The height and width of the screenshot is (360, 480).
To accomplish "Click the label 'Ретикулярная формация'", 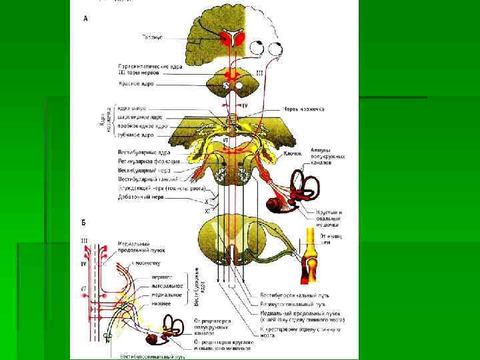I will (x=148, y=161).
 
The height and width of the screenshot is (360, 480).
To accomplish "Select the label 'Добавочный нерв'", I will (x=140, y=197).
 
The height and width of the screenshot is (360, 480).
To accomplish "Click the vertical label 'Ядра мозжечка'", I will (x=107, y=121).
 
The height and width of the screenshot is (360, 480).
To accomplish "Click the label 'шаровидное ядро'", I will (x=140, y=117).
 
